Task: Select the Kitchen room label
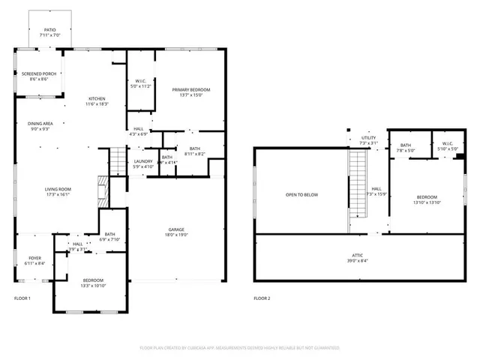[97, 98]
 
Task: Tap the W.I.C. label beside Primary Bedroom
[140, 82]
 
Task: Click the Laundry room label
[143, 161]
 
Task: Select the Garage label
[176, 229]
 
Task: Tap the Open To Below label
[301, 195]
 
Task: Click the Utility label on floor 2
[368, 138]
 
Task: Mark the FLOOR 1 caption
[22, 298]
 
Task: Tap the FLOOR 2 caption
[261, 298]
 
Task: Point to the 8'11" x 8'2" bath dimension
[194, 154]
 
